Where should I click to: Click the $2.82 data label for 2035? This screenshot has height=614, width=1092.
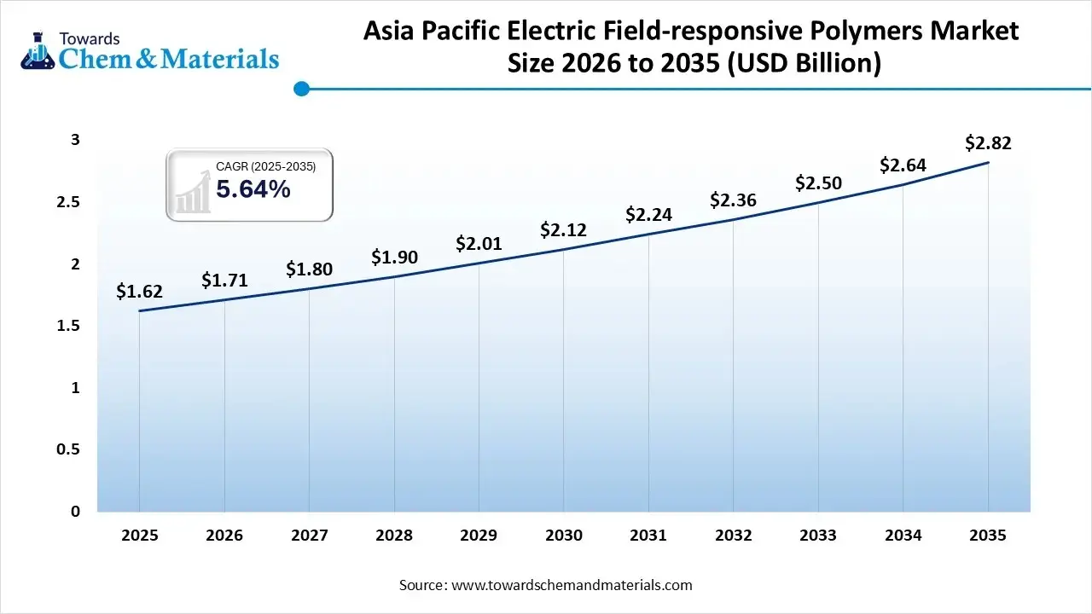coord(988,143)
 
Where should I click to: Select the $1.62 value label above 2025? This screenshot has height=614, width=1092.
coord(139,292)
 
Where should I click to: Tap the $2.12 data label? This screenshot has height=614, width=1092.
coord(563,230)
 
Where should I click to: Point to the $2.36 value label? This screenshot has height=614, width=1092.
coord(733,200)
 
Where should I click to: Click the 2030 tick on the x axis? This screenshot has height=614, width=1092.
coord(563,536)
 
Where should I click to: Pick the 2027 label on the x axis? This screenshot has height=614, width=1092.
coord(309,536)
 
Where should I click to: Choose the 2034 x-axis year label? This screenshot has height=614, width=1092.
coord(903,536)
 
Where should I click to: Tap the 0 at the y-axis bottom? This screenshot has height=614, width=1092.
coord(75,512)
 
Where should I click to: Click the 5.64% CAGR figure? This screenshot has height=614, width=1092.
coord(253,189)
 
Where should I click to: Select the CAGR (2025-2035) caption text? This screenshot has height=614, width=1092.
coord(265,167)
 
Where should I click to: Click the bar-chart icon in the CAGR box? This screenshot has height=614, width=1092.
coord(193,191)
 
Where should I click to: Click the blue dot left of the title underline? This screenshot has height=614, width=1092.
coord(300,89)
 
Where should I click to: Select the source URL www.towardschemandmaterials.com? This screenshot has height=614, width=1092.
coord(570,585)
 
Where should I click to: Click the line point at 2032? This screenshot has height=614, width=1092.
coord(733,220)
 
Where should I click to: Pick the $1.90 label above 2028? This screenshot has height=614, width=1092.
coord(393,257)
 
